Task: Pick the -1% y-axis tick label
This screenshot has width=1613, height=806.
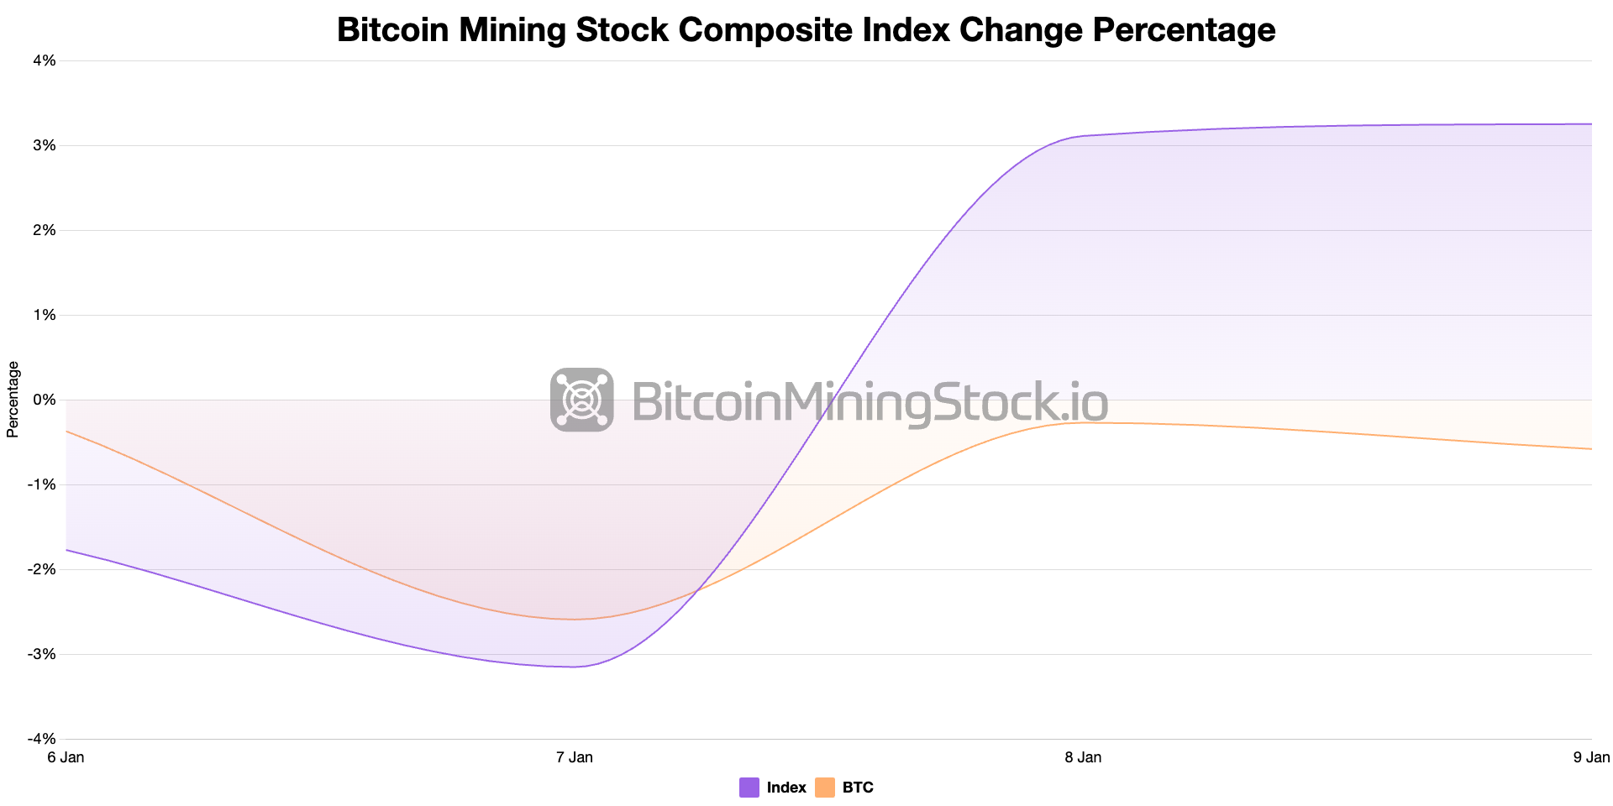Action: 43,484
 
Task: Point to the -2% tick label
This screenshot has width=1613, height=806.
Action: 43,569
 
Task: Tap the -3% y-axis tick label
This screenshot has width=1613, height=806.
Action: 43,654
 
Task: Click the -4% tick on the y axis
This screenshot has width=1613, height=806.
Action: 43,739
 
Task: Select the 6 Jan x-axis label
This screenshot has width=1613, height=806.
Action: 66,757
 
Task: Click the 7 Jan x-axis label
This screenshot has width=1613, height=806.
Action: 575,757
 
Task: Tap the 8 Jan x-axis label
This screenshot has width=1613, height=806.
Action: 1083,757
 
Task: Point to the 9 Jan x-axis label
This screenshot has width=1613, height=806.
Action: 1590,757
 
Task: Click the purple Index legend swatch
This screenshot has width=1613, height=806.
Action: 749,788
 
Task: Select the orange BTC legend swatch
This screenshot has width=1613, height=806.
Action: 825,788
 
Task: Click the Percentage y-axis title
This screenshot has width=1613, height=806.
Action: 13,400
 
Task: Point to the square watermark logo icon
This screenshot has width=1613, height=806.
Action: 581,400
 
